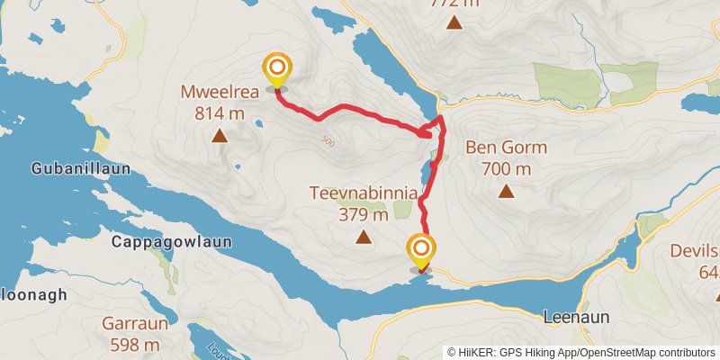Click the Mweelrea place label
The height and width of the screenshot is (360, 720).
(220, 91)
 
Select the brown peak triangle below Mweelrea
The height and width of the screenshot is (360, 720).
(219, 136)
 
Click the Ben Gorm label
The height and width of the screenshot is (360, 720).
(507, 148)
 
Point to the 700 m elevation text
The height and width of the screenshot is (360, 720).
(507, 168)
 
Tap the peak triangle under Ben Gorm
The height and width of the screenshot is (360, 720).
(507, 191)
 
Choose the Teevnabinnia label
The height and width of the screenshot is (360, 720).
(364, 193)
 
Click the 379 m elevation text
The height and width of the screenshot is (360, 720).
(364, 214)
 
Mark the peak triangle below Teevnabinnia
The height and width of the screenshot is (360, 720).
(364, 238)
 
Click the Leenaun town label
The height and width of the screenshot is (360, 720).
(577, 317)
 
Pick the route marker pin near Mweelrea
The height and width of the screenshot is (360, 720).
(276, 69)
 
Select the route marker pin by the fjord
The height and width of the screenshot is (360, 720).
(420, 249)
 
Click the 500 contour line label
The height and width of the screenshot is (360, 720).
(327, 141)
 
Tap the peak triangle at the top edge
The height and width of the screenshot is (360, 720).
(454, 22)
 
